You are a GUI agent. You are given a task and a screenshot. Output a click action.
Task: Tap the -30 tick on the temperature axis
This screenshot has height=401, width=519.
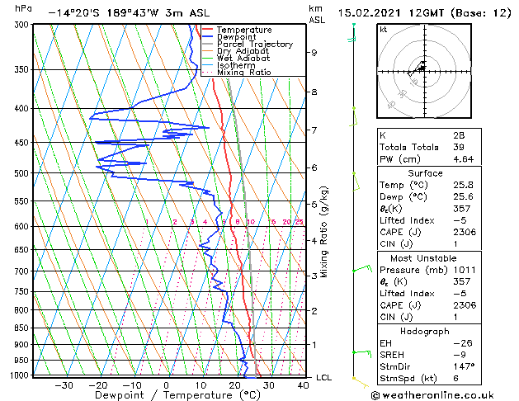(x=63, y=384)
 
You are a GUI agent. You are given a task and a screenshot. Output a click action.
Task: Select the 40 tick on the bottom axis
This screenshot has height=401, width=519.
(x=303, y=384)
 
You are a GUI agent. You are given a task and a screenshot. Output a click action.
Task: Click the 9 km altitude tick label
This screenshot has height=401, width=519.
(x=314, y=53)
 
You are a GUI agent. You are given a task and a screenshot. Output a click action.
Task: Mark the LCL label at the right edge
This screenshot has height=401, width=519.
(x=324, y=378)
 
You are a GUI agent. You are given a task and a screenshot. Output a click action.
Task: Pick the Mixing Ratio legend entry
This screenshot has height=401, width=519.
(x=243, y=73)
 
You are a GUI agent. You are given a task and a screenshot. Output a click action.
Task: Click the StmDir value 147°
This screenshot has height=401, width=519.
(x=462, y=366)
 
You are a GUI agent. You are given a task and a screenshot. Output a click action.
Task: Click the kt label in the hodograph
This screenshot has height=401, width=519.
(x=384, y=30)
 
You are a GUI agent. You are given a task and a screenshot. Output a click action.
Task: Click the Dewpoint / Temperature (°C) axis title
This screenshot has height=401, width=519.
(x=166, y=395)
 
